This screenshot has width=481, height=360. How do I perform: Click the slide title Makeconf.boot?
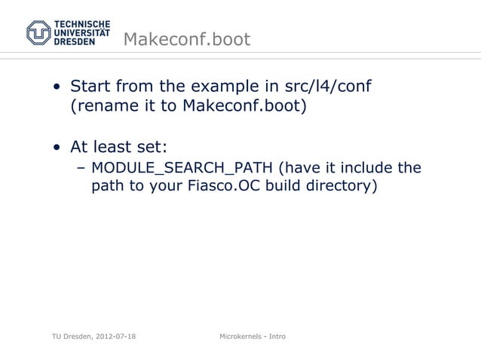point(185,39)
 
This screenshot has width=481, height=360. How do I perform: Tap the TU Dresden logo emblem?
point(38,32)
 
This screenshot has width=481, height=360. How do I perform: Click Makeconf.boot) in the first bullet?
point(245,106)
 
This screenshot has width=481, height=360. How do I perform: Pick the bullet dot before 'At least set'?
point(57,145)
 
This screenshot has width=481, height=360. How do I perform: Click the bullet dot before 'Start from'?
point(57,87)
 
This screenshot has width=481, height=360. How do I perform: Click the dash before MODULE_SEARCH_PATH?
point(80,166)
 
